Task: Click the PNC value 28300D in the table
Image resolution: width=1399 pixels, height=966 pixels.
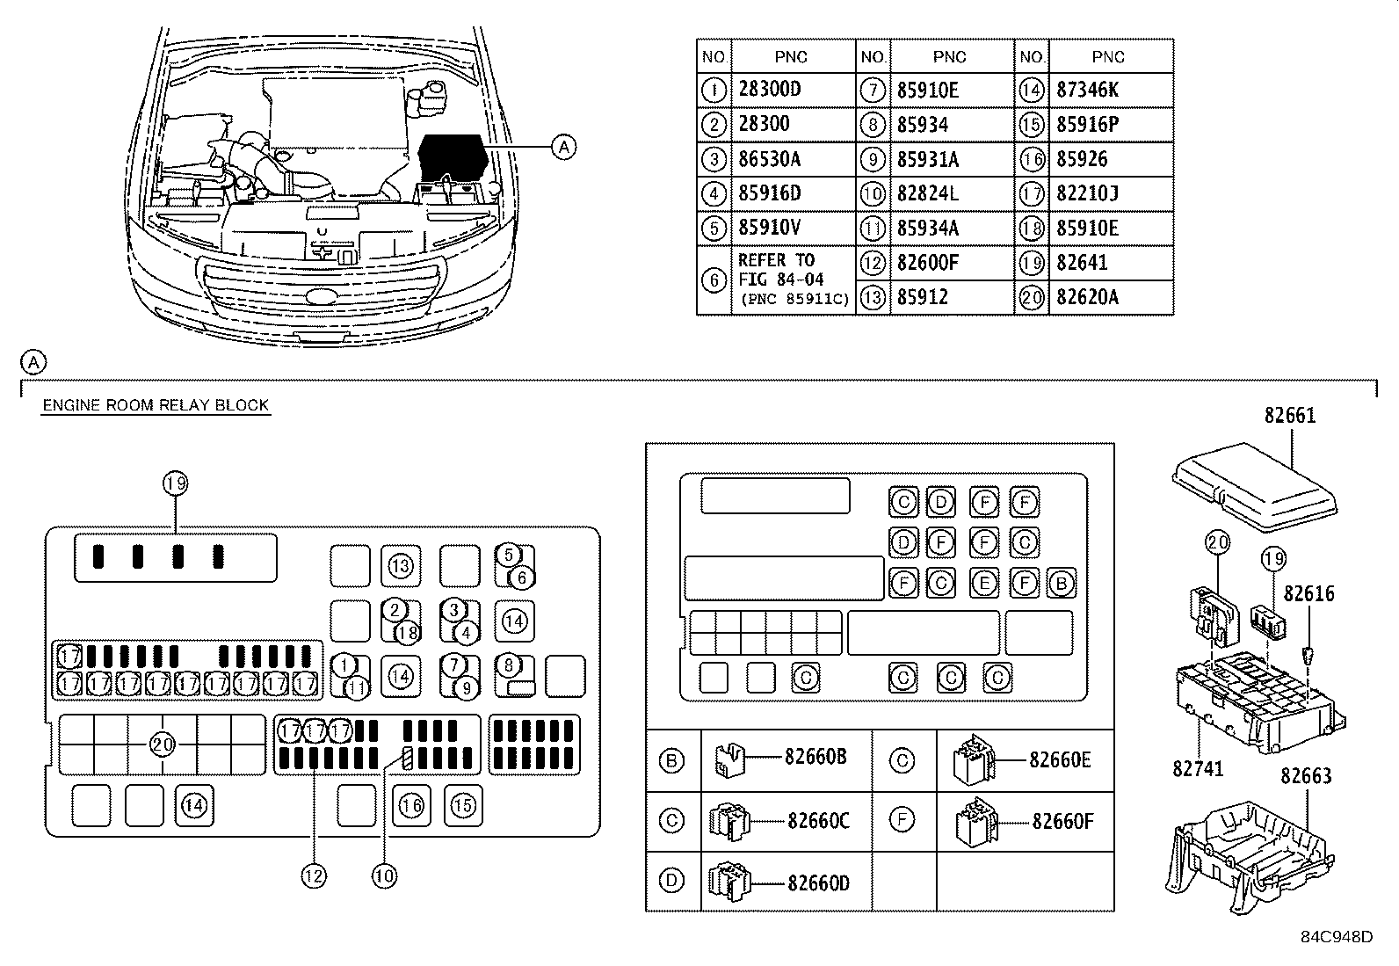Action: pyautogui.click(x=769, y=90)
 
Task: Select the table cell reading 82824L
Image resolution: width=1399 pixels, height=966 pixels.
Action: pyautogui.click(x=927, y=193)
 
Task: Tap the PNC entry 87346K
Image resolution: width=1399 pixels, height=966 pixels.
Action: pyautogui.click(x=1087, y=90)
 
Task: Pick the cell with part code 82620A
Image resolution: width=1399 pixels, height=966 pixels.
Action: pyautogui.click(x=1087, y=297)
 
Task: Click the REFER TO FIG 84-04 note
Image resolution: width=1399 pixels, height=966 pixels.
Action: pyautogui.click(x=780, y=269)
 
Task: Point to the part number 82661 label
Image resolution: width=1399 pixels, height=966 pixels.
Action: pyautogui.click(x=1290, y=416)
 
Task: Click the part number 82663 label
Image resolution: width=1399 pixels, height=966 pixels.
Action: pyautogui.click(x=1306, y=775)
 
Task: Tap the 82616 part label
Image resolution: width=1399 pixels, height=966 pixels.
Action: pyautogui.click(x=1308, y=593)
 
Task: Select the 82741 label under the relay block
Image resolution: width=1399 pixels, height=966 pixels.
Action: pyautogui.click(x=1197, y=768)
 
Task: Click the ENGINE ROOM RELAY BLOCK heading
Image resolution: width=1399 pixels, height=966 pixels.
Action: pyautogui.click(x=156, y=405)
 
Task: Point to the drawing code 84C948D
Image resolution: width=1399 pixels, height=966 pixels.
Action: pyautogui.click(x=1337, y=937)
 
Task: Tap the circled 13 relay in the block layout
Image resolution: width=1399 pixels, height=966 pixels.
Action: pyautogui.click(x=401, y=566)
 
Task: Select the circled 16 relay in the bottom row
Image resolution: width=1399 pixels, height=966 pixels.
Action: pyautogui.click(x=411, y=806)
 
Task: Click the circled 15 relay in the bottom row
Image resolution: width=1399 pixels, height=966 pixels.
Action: pyautogui.click(x=463, y=806)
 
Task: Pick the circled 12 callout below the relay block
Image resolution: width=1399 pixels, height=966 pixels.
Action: pyautogui.click(x=314, y=876)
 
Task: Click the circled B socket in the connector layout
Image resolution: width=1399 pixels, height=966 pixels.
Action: pyautogui.click(x=1062, y=584)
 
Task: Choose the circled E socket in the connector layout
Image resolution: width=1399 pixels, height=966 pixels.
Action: pyautogui.click(x=984, y=584)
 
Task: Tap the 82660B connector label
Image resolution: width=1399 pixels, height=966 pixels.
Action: pyautogui.click(x=815, y=758)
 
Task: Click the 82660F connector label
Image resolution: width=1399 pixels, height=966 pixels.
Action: pyautogui.click(x=1062, y=821)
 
